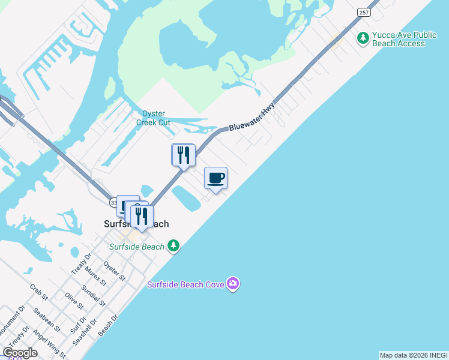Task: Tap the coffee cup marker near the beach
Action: coord(216,178)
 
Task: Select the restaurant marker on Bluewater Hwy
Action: coord(184,155)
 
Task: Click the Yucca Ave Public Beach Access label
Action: coord(398,39)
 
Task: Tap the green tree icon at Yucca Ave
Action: coord(363,38)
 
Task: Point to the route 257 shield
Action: coord(363,11)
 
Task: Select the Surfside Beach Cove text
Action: coord(186,284)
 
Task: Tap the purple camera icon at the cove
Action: coord(233,284)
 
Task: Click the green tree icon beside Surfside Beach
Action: coord(173,245)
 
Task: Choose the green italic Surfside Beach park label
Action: coord(136,247)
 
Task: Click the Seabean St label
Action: coord(47,319)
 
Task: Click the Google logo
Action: coord(20,353)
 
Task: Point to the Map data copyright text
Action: coord(413,355)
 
